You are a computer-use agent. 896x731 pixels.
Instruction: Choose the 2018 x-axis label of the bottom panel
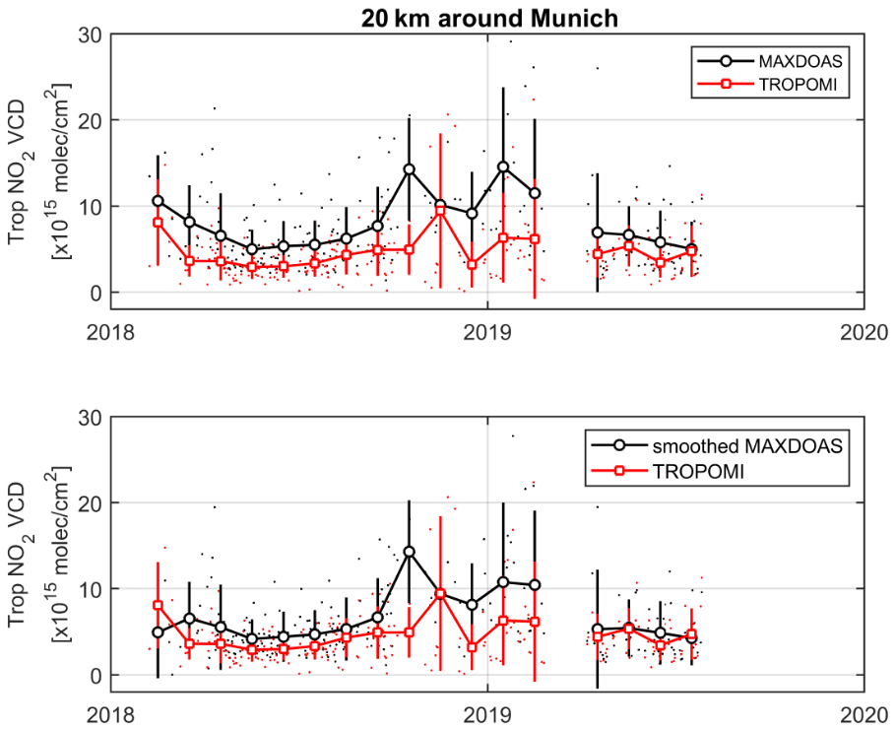click(111, 715)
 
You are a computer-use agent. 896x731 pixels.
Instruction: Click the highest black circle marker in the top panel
click(503, 166)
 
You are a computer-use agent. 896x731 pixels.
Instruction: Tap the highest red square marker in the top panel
click(440, 210)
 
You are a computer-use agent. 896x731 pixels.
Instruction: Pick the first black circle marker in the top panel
click(158, 201)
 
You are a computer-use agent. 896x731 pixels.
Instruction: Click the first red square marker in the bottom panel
click(158, 605)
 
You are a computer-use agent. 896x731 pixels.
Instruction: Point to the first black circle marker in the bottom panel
click(158, 631)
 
